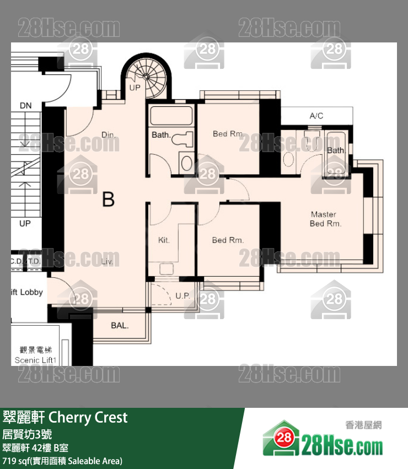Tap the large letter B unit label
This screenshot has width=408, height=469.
(x=109, y=199)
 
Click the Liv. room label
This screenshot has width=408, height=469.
(x=108, y=262)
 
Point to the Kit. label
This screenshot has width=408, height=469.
(x=164, y=240)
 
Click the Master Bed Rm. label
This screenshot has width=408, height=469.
(x=325, y=219)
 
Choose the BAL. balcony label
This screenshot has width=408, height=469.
(x=120, y=326)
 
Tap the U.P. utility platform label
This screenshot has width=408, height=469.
(x=182, y=296)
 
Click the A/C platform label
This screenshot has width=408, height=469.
(x=316, y=116)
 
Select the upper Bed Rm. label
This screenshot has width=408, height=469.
(x=228, y=134)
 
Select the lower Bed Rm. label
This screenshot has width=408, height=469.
(x=228, y=240)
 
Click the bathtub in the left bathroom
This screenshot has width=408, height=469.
(x=171, y=116)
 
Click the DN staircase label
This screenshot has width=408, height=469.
(x=26, y=105)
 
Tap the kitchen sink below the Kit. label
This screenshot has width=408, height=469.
(x=167, y=268)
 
